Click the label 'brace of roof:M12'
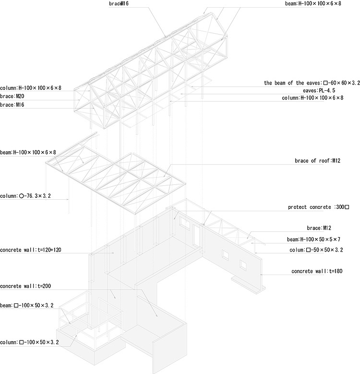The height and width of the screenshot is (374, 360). [x=324, y=160]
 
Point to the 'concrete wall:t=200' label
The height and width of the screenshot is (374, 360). [x=25, y=286]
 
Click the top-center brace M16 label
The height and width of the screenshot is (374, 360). [x=118, y=3]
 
